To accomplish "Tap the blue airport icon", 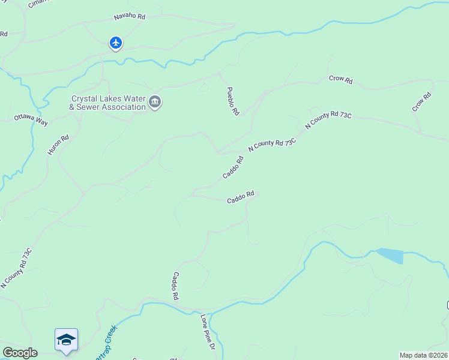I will point(116,43).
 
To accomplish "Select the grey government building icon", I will point(155,103).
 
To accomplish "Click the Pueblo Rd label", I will point(233,101).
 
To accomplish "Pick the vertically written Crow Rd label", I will point(422,101).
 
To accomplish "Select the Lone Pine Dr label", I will point(207,332).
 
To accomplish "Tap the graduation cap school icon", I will point(66,340).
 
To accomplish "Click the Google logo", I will point(19,353).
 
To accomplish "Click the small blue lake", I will point(390,256).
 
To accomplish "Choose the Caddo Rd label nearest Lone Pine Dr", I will point(176,286).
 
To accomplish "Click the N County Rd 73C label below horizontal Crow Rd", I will point(328,119).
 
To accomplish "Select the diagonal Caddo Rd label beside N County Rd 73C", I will point(233,167).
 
